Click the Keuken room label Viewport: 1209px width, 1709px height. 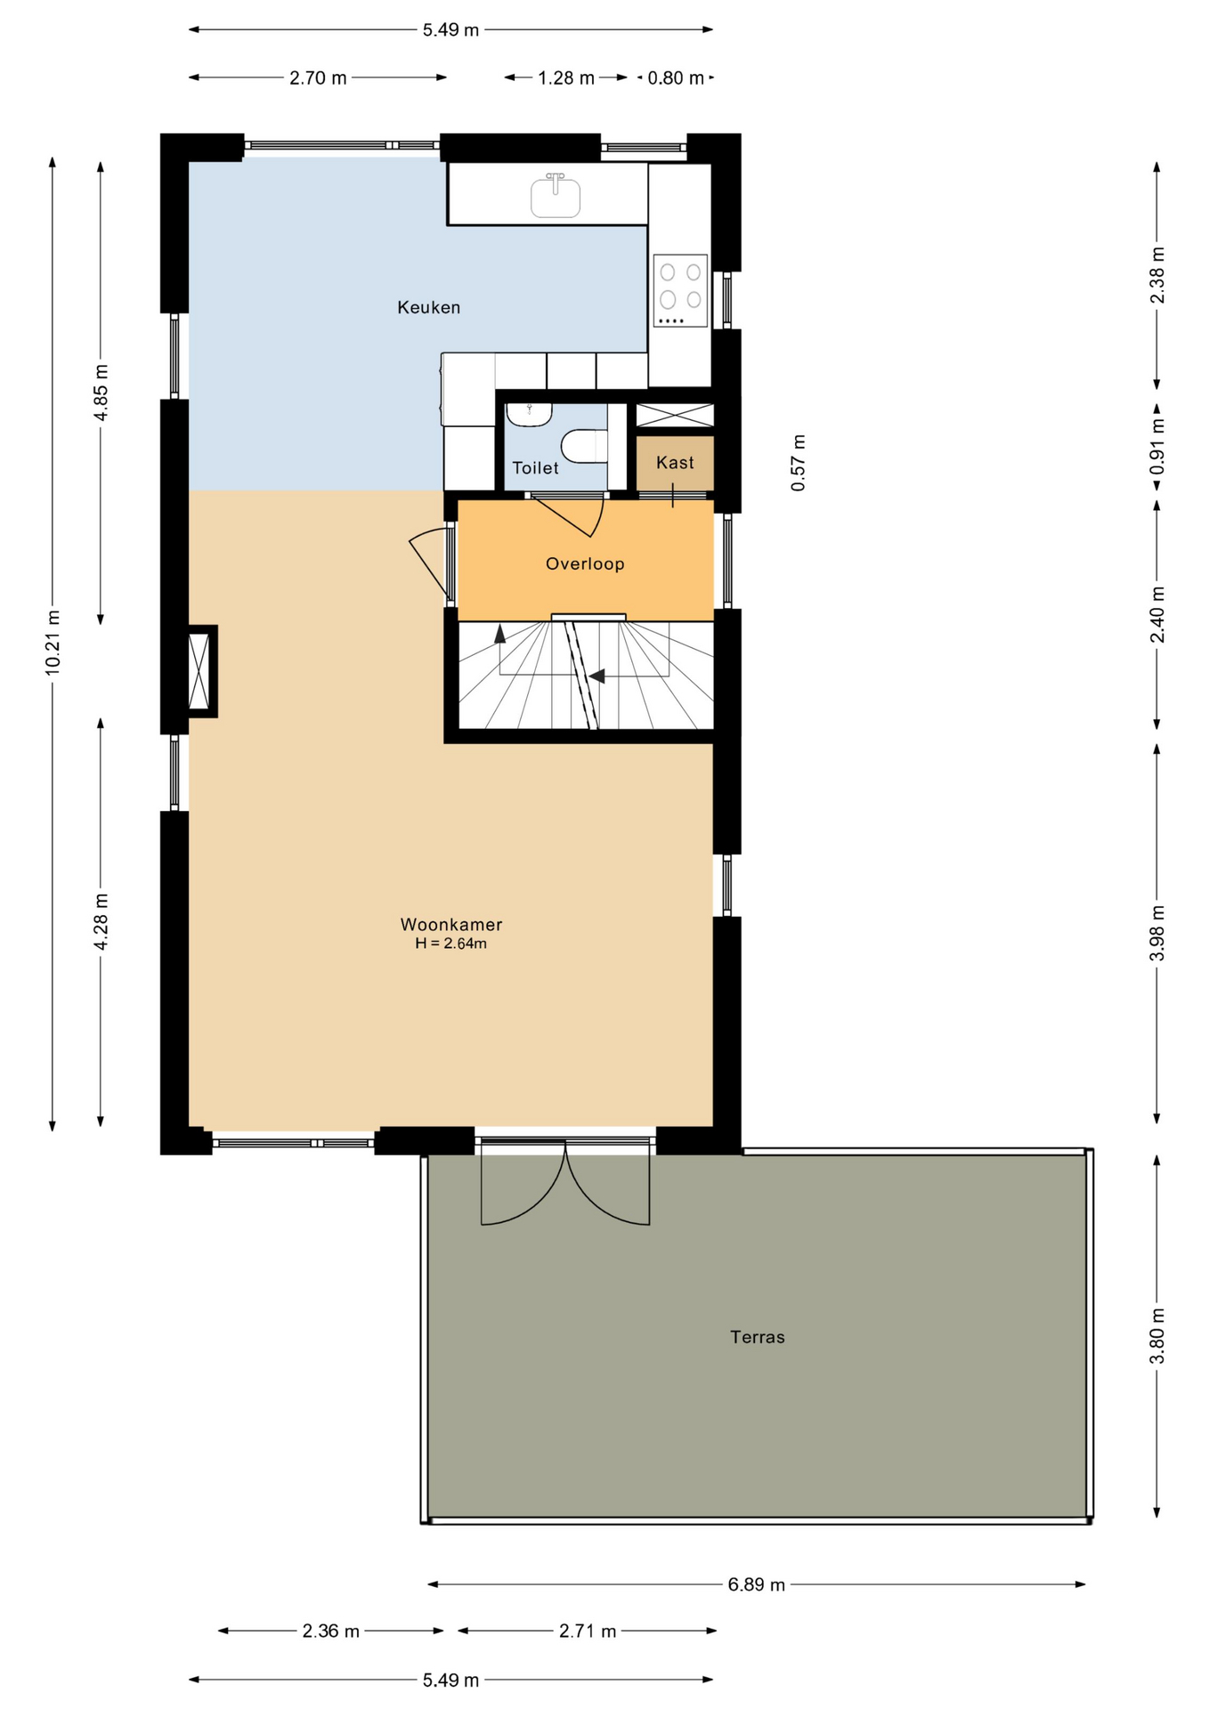tap(428, 308)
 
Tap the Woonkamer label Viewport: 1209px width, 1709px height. tap(451, 925)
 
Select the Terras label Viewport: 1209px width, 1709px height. tap(758, 1337)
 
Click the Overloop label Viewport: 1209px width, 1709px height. tap(585, 563)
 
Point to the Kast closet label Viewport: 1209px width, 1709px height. tap(675, 463)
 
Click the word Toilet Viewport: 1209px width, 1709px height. tap(535, 468)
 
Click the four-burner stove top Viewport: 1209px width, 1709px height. tap(680, 290)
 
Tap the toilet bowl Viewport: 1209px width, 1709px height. tap(584, 446)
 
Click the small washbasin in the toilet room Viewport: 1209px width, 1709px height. tap(529, 414)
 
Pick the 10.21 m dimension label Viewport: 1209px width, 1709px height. tap(53, 642)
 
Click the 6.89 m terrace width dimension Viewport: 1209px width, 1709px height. tap(757, 1584)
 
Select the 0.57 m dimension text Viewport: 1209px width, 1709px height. tap(799, 463)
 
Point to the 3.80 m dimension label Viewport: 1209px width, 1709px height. tap(1157, 1335)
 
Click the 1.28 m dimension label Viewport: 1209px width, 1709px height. tap(566, 78)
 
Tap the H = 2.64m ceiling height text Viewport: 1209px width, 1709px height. tap(451, 944)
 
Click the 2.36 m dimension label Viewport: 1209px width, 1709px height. tap(331, 1632)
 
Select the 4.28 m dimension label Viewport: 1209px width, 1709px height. tap(101, 921)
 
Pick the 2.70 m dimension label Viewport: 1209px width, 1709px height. tap(318, 78)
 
